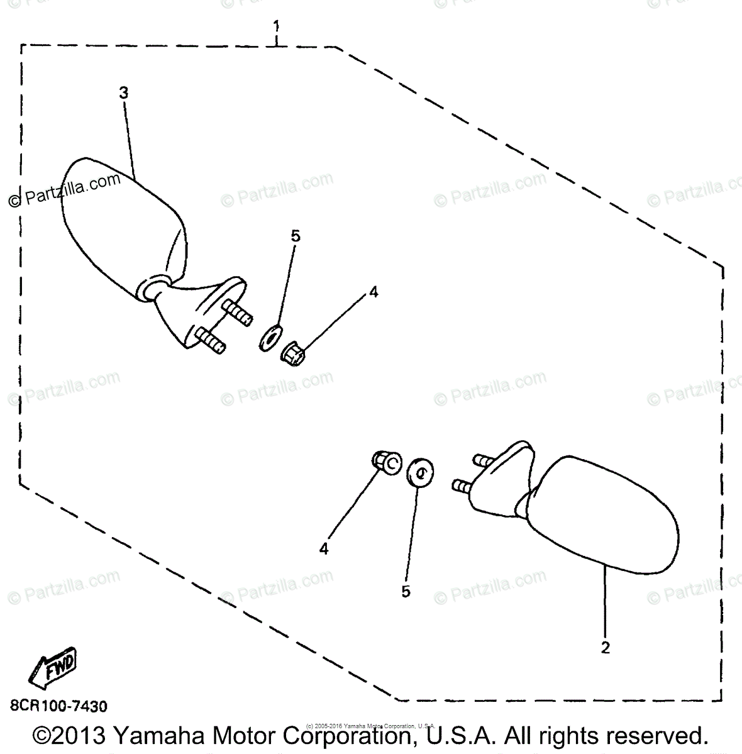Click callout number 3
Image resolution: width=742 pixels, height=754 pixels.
(x=123, y=93)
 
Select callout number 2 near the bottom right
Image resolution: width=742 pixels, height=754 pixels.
(x=606, y=647)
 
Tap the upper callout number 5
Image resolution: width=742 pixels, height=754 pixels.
(x=296, y=236)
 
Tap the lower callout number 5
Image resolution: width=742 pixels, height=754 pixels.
(x=406, y=591)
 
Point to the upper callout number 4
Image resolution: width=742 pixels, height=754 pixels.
(x=374, y=292)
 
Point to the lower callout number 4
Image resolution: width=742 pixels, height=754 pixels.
(x=324, y=549)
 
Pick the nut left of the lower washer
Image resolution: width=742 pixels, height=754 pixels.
(x=387, y=463)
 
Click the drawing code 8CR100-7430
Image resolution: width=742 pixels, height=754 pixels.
(x=58, y=706)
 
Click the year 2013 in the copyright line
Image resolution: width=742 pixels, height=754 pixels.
(x=79, y=736)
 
